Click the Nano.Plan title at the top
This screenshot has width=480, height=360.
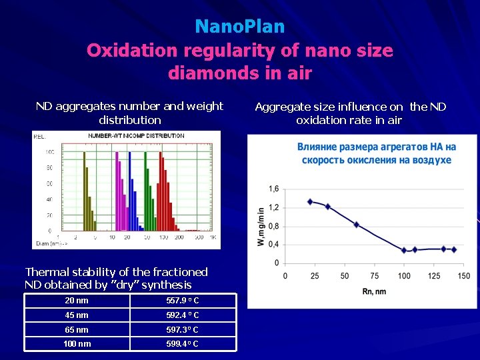tap(240, 27)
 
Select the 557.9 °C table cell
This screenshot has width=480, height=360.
tap(182, 301)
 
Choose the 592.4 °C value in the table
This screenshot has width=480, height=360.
tap(182, 315)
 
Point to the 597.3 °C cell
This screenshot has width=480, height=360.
tap(182, 330)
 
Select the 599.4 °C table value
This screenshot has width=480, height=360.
tap(182, 344)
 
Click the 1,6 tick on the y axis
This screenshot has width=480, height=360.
tap(274, 189)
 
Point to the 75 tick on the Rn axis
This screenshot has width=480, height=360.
tap(375, 276)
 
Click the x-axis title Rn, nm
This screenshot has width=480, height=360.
tap(374, 291)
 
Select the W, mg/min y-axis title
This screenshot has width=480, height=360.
tap(261, 226)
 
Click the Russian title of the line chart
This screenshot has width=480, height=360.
tap(377, 153)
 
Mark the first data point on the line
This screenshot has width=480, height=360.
tap(310, 201)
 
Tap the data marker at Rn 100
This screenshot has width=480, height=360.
tap(404, 251)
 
